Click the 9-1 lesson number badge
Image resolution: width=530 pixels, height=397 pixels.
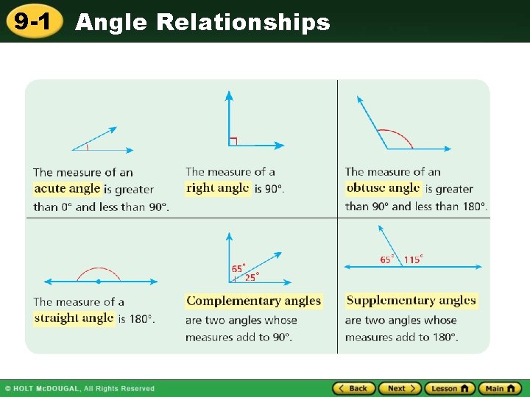(x=32, y=21)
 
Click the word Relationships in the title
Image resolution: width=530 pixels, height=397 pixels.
(x=243, y=23)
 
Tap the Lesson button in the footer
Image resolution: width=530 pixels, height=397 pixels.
(x=450, y=388)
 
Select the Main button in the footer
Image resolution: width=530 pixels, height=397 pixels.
(x=500, y=388)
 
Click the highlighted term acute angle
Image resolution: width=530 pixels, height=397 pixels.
(x=67, y=189)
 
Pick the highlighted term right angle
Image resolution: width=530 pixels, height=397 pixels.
(x=218, y=188)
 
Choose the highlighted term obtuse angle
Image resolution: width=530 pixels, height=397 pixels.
(x=383, y=188)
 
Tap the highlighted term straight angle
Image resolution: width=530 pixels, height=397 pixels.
(x=74, y=318)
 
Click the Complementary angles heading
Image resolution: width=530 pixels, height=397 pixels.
(x=254, y=301)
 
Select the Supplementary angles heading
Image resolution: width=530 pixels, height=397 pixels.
(x=411, y=300)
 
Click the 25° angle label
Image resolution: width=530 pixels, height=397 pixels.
(x=252, y=277)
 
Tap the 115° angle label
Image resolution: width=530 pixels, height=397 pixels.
(x=413, y=260)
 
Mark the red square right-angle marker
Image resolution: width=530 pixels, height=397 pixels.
(x=233, y=140)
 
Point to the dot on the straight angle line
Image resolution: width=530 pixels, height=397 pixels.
(x=99, y=281)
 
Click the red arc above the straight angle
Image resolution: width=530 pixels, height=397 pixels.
(x=99, y=269)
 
